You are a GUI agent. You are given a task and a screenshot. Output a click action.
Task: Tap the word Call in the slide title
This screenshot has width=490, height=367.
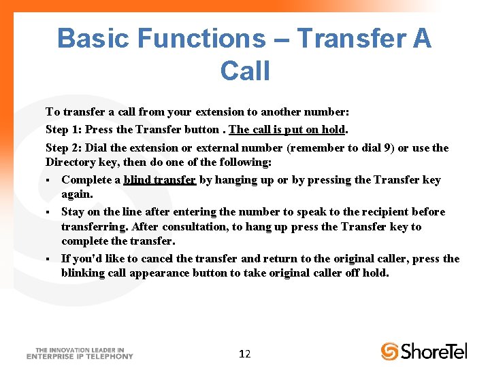click(245, 71)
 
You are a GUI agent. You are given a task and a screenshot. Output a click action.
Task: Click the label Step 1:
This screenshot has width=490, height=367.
click(64, 129)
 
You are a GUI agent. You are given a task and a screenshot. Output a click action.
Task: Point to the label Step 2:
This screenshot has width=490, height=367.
click(64, 147)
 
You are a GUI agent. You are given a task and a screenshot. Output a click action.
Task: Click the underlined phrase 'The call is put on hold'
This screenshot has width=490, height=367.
click(287, 129)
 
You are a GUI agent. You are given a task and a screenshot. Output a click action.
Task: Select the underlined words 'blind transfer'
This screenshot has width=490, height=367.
click(159, 180)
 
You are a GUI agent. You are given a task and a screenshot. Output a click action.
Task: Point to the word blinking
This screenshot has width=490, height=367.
click(83, 273)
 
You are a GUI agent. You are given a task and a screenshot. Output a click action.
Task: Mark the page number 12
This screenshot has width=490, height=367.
click(245, 353)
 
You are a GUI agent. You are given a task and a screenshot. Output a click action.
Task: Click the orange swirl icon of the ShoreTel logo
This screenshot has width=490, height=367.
click(389, 351)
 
